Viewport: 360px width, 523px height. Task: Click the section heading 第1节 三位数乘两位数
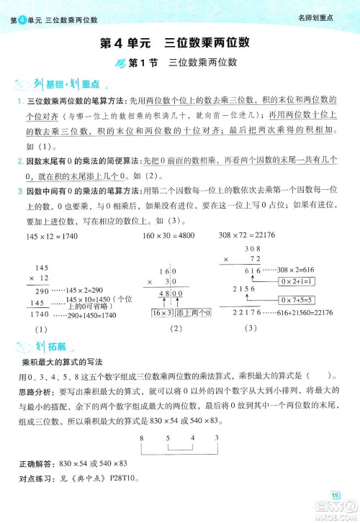(181, 64)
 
